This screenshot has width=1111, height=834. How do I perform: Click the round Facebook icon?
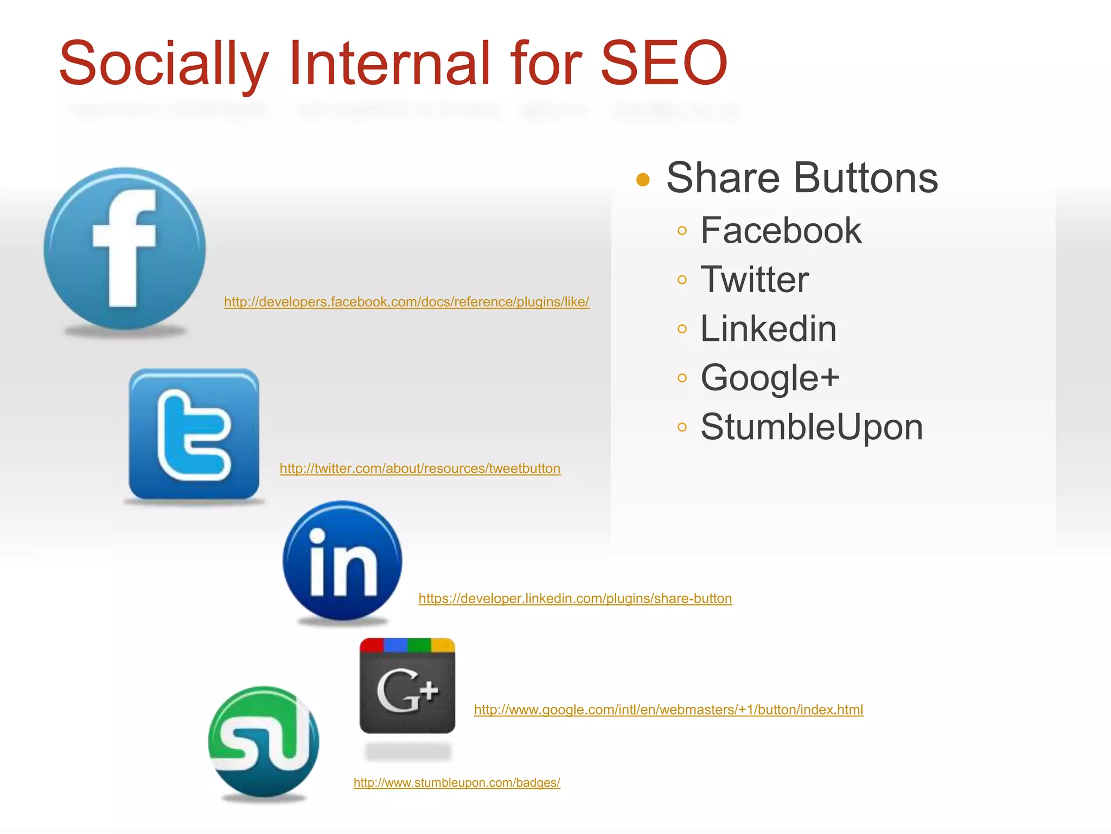tap(125, 248)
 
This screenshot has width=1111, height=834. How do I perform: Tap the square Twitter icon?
tap(194, 434)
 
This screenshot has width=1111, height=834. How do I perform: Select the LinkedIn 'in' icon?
tap(342, 560)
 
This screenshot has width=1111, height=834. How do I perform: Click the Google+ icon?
tap(407, 686)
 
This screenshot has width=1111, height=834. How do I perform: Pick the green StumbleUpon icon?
tap(264, 742)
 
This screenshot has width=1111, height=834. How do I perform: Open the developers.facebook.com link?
tap(406, 302)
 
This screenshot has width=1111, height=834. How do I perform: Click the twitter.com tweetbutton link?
tap(420, 469)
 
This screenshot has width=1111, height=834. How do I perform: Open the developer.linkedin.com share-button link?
tap(575, 598)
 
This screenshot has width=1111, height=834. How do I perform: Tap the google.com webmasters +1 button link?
tap(668, 710)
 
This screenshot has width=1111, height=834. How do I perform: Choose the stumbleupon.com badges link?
tap(457, 782)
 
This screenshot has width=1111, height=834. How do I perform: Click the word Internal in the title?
tap(389, 63)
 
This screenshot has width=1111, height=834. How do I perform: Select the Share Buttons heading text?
tap(802, 178)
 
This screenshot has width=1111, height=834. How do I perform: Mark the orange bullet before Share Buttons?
tap(643, 180)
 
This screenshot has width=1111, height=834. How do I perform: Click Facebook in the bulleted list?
tap(781, 230)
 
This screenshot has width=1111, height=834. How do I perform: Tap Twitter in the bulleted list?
tap(755, 280)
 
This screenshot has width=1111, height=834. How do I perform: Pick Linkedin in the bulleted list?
tap(768, 328)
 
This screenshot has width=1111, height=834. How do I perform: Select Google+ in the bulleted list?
tap(770, 378)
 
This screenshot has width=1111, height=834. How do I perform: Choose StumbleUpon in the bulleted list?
tap(812, 427)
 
